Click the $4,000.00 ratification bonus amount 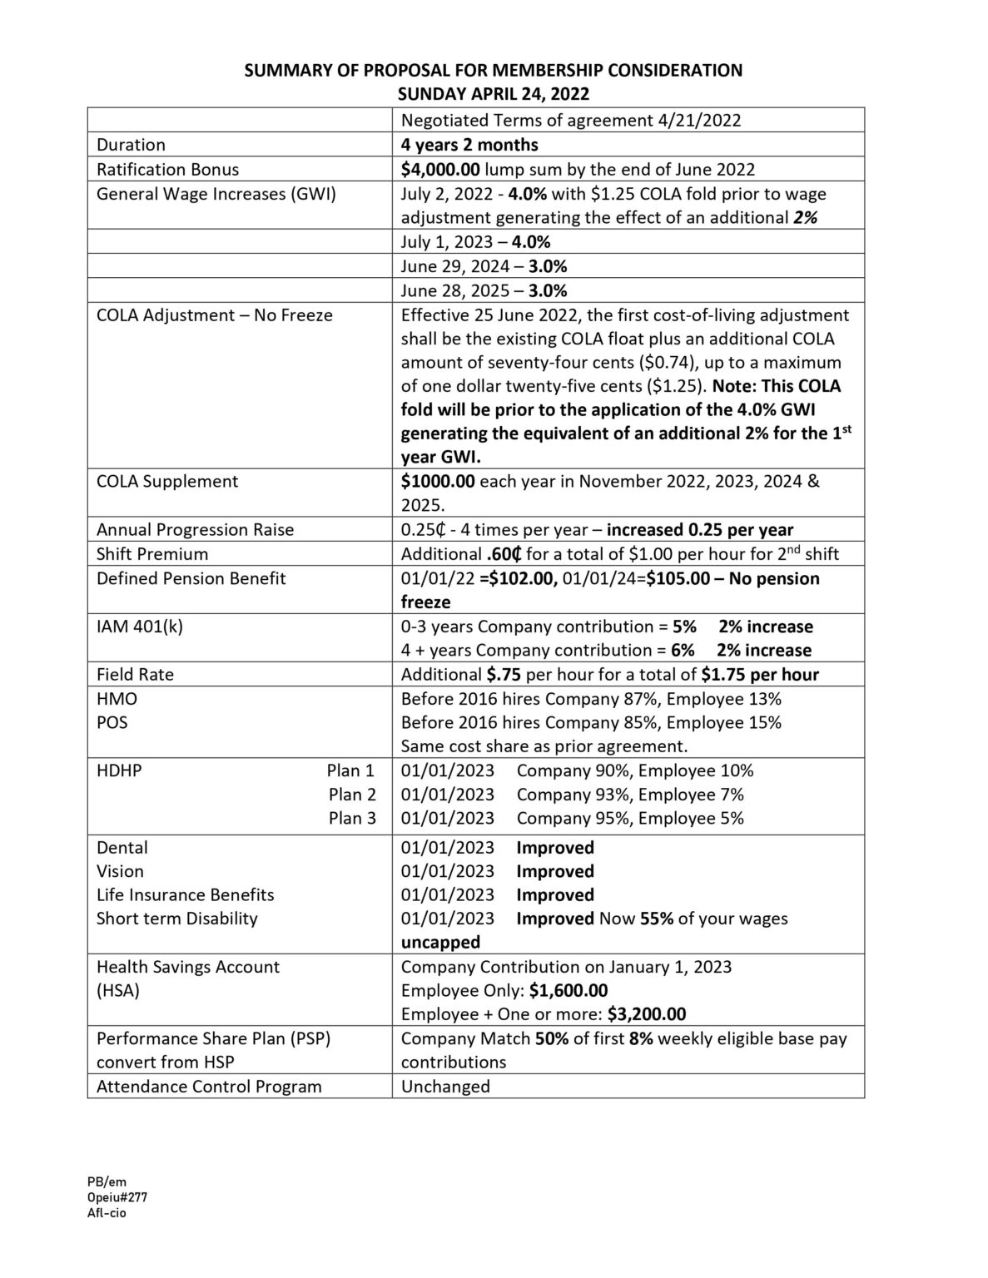440,170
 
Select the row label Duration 131,145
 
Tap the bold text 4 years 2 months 469,145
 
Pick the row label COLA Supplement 167,482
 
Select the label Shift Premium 152,554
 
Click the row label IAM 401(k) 140,627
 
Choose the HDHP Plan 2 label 352,795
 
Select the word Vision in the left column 120,871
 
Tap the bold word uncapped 440,943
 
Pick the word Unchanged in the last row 445,1087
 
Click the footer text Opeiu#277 117,1197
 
